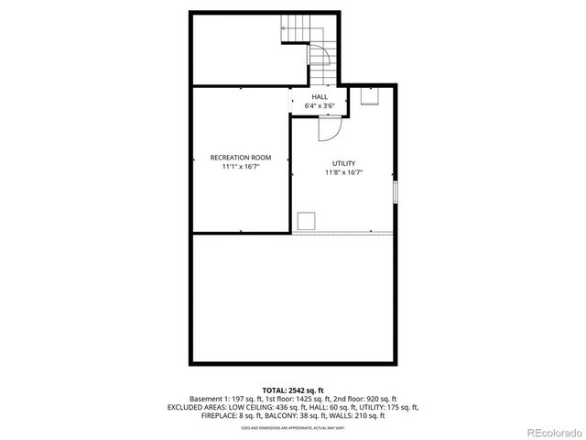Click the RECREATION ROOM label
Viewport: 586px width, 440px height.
point(241,157)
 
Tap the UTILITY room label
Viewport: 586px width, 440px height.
point(343,163)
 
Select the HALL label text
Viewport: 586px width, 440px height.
point(320,97)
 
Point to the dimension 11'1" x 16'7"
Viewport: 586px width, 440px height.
point(241,167)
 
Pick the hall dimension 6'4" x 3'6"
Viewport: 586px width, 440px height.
point(320,106)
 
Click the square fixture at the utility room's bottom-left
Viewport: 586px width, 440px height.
point(307,219)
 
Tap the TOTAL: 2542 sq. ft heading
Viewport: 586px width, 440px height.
point(293,390)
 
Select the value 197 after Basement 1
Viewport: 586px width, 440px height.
point(237,399)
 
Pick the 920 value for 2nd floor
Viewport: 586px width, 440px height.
point(374,399)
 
